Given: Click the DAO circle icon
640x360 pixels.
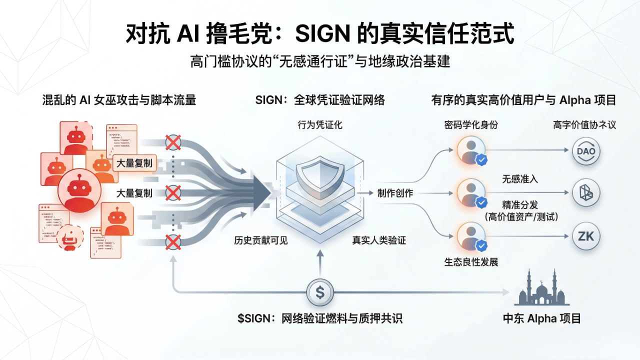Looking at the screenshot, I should click(586, 151).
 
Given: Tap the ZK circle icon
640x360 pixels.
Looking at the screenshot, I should click(586, 236).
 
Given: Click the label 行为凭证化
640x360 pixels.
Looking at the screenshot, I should click(320, 125).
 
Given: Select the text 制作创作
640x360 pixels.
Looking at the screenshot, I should click(395, 193).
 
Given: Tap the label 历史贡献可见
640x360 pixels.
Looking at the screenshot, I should click(261, 240).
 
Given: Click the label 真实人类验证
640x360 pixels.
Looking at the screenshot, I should click(379, 240).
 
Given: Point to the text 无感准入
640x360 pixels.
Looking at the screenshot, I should click(520, 179).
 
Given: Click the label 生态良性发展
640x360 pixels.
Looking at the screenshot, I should click(471, 262).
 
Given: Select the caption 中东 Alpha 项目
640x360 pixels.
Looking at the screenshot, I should click(542, 318).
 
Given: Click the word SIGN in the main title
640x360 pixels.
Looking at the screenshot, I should click(323, 34).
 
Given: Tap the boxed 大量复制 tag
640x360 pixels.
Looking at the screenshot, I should click(134, 163).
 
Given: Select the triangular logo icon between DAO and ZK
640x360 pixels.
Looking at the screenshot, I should click(586, 193).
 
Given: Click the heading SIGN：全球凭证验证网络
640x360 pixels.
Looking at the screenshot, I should click(320, 100).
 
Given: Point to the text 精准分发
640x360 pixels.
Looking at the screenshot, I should click(520, 204).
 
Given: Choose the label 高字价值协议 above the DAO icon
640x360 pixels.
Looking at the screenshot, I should click(584, 125).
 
